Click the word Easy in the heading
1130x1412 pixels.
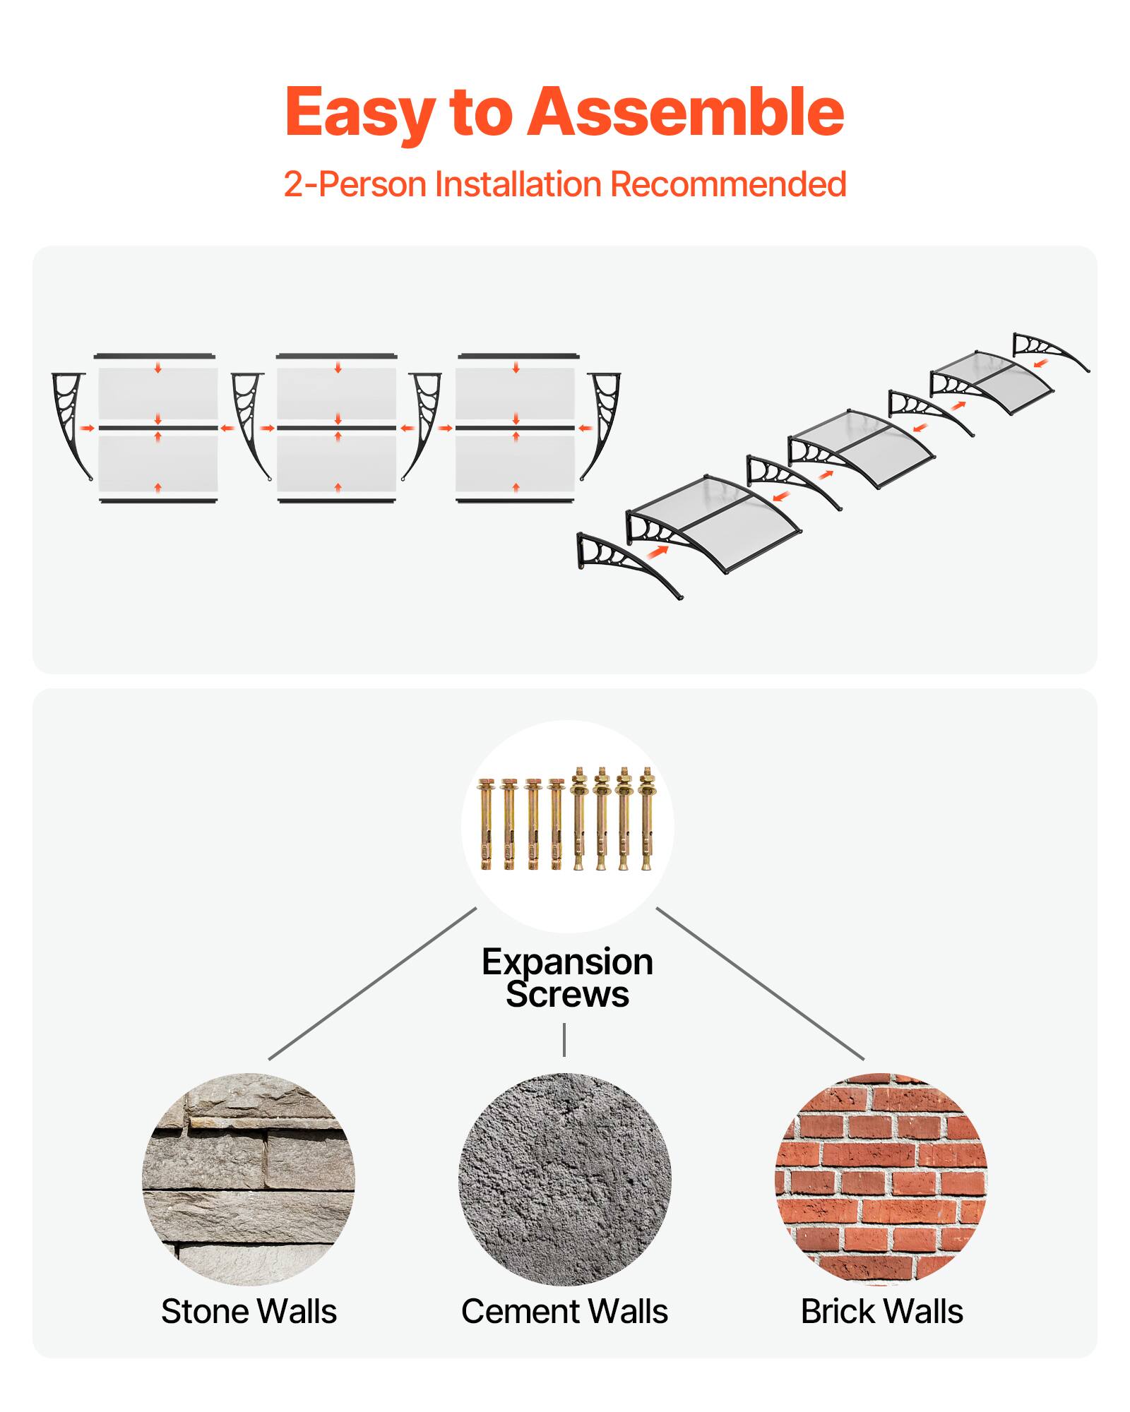coord(359,113)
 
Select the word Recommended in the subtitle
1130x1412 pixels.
coord(727,184)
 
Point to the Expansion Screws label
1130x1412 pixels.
coord(567,978)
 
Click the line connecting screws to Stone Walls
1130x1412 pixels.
coord(372,983)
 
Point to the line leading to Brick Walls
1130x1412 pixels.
coord(760,983)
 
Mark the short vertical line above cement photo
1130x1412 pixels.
coord(564,1039)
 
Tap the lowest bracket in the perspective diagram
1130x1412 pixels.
coord(625,564)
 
